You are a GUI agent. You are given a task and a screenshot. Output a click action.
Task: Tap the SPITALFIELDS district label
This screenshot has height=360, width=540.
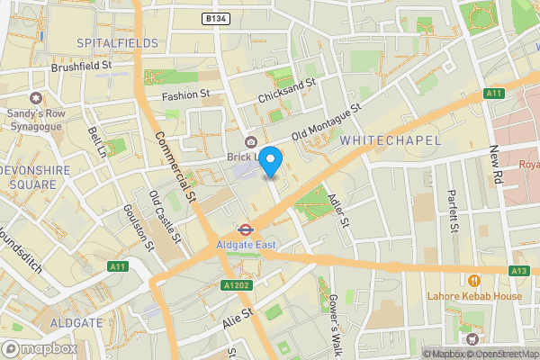[x=117, y=42]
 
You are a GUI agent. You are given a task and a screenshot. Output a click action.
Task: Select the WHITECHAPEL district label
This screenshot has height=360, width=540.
[x=391, y=141]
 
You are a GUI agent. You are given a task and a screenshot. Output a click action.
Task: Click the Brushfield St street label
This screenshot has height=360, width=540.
[x=81, y=66]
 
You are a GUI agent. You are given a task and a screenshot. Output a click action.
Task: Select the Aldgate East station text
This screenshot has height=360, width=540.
[x=246, y=244]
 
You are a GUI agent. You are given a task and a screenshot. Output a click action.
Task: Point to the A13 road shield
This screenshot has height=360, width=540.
[x=518, y=270]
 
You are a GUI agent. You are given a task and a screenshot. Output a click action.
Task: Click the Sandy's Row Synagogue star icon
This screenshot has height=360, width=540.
[x=36, y=97]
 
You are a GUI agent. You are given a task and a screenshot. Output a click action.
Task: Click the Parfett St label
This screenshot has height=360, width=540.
[x=452, y=209]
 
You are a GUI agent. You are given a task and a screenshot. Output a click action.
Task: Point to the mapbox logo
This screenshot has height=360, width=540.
[x=38, y=347]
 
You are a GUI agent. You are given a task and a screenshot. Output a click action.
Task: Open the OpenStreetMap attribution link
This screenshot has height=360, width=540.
[x=501, y=353]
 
